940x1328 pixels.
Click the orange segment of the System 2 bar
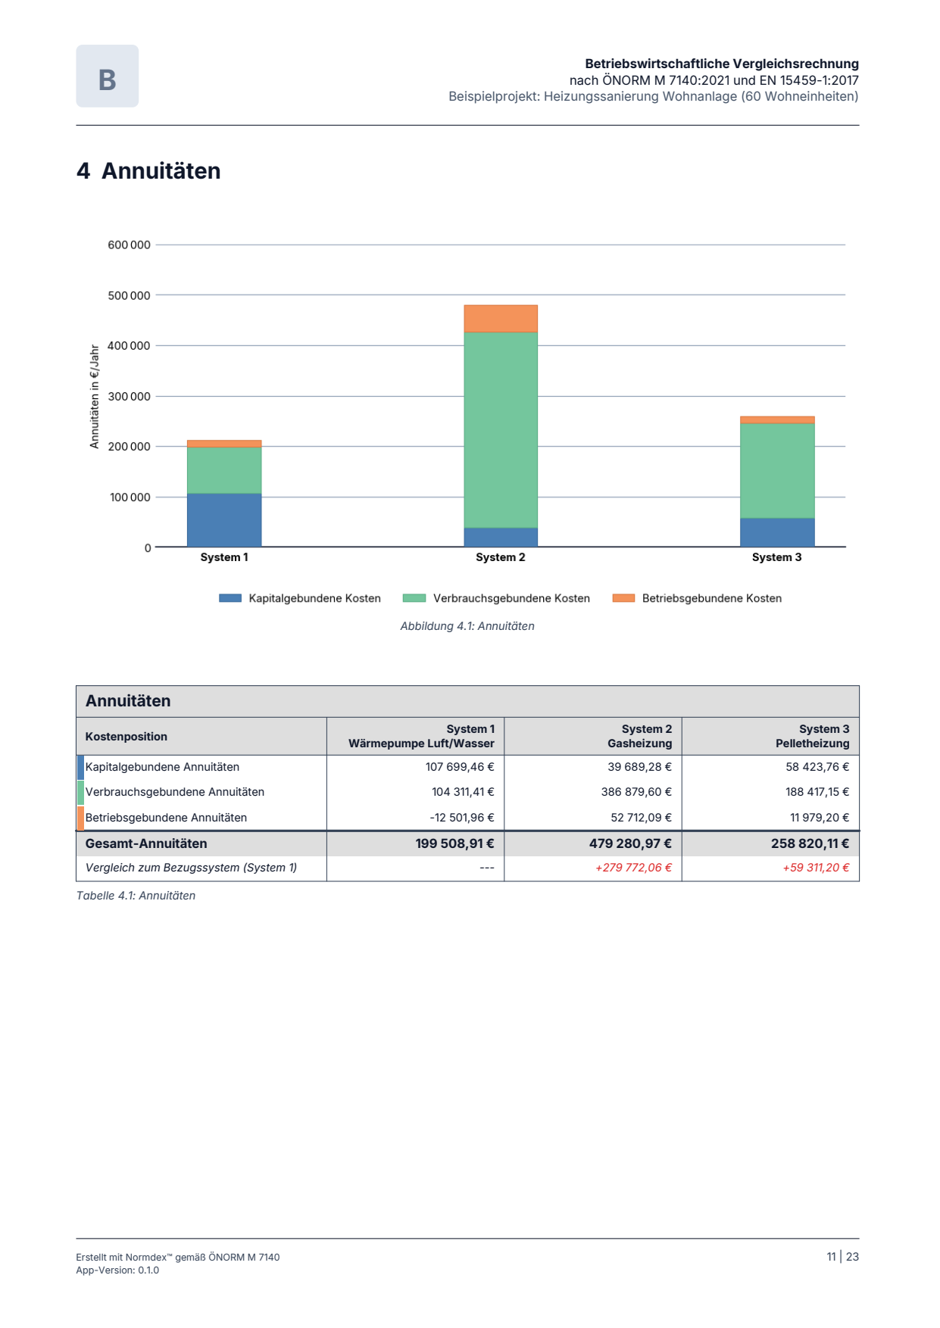501,319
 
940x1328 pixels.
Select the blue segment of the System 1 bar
224,520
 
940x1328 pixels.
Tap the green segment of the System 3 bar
777,471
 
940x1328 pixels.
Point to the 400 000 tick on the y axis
130,346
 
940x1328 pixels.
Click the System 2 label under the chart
501,557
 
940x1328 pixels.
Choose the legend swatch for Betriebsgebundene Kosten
623,598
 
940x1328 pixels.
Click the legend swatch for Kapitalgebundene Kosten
230,598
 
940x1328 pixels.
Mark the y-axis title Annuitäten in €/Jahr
95,397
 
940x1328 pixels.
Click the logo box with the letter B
108,76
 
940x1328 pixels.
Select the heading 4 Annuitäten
148,171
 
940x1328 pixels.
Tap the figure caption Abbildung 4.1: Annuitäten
467,626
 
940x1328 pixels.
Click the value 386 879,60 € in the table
636,792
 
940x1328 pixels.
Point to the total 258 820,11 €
810,843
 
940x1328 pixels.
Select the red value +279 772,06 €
633,868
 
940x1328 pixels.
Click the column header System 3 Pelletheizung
813,736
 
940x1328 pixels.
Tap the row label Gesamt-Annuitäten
146,843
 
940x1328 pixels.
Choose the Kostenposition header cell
126,737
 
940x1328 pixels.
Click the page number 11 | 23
843,1257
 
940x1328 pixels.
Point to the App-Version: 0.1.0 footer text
117,1270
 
